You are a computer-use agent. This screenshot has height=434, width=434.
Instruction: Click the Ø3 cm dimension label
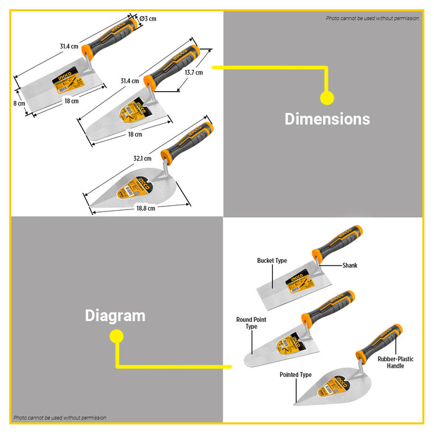[148, 19]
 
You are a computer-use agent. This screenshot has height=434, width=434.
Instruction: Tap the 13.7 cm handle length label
[194, 73]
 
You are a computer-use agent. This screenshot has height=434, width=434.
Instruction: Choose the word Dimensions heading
[327, 119]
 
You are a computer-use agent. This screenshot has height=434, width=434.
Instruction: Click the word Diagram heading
[115, 316]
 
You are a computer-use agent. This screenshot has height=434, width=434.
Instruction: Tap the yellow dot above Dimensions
[327, 97]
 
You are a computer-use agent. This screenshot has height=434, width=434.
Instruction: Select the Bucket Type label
[272, 261]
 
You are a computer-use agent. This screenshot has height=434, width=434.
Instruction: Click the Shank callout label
[350, 265]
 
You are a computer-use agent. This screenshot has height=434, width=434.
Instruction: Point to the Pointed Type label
[296, 375]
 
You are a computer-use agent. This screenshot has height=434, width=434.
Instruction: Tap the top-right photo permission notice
[372, 19]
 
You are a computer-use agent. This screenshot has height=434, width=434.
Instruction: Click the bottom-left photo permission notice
[60, 418]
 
